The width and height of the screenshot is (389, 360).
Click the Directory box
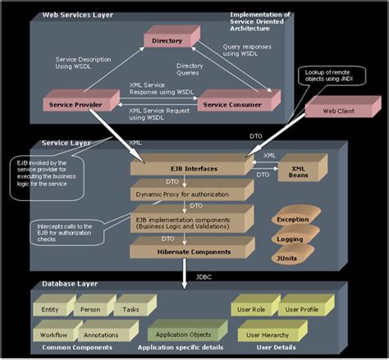point(167,40)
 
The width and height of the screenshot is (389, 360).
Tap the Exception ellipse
point(291,221)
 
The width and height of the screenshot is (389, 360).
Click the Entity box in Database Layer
point(49,311)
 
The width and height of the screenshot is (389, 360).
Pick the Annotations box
point(100,335)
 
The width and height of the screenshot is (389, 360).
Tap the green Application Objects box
point(185,334)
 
